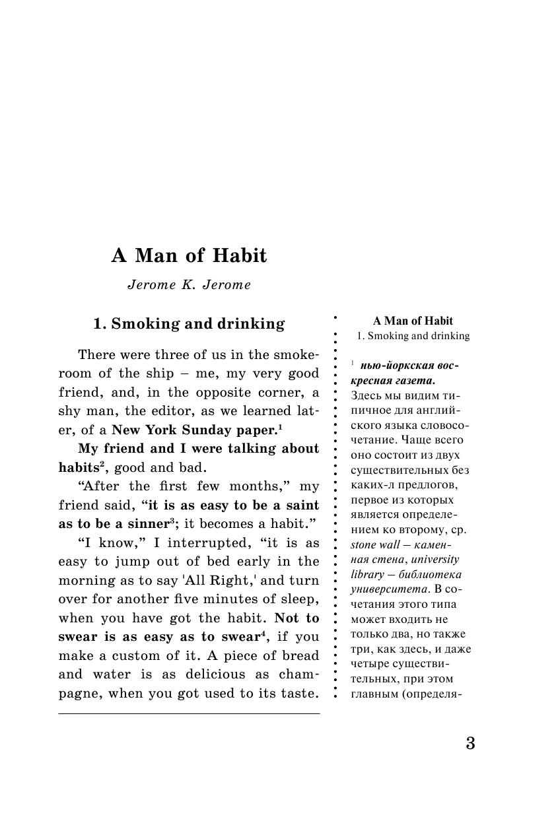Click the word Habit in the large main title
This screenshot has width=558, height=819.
click(236, 256)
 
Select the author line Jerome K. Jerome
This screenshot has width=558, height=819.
click(190, 286)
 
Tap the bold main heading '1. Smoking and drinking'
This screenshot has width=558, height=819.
click(189, 324)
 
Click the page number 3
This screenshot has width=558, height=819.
click(470, 742)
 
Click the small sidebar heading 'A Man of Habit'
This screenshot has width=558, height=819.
click(413, 321)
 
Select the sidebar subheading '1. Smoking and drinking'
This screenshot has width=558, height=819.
click(413, 336)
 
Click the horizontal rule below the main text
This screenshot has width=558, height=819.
click(189, 713)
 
